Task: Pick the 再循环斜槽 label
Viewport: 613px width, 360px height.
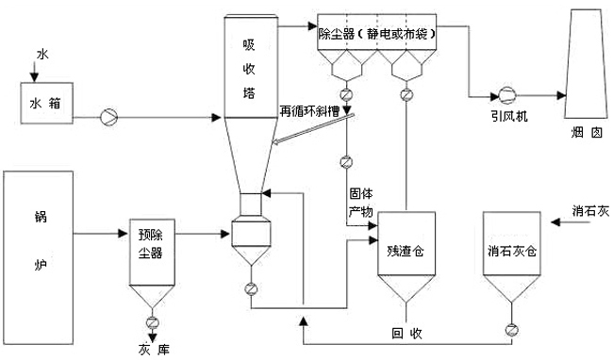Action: [312, 110]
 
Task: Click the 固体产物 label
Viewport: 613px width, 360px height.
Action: [359, 197]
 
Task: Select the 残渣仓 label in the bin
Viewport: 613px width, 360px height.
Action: [406, 253]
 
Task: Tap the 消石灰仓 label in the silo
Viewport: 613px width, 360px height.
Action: [510, 252]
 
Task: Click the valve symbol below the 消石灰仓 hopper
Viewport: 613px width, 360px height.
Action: [511, 329]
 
